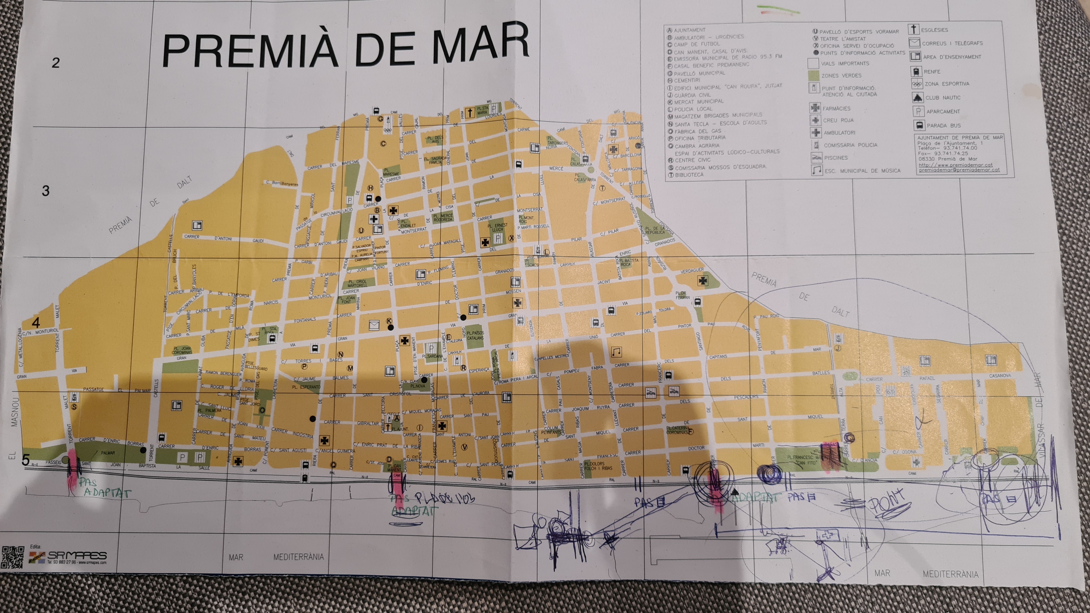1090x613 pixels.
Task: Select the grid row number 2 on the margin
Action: (x=55, y=63)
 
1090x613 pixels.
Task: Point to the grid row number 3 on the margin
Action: (x=46, y=191)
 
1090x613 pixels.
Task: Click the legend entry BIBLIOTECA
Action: (x=689, y=175)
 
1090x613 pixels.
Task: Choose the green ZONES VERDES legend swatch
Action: (x=813, y=76)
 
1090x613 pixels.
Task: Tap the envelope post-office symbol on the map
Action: (x=374, y=325)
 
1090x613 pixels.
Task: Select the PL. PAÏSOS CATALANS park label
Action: (x=475, y=335)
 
